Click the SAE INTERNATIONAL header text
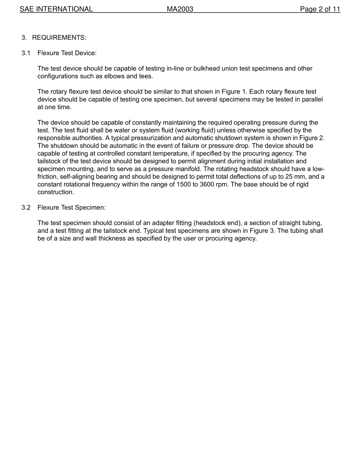56,9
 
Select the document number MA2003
180,9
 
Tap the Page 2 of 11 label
320,9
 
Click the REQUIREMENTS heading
59,38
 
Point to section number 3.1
26,53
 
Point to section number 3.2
26,208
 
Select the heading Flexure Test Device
67,53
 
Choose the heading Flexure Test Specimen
71,208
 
